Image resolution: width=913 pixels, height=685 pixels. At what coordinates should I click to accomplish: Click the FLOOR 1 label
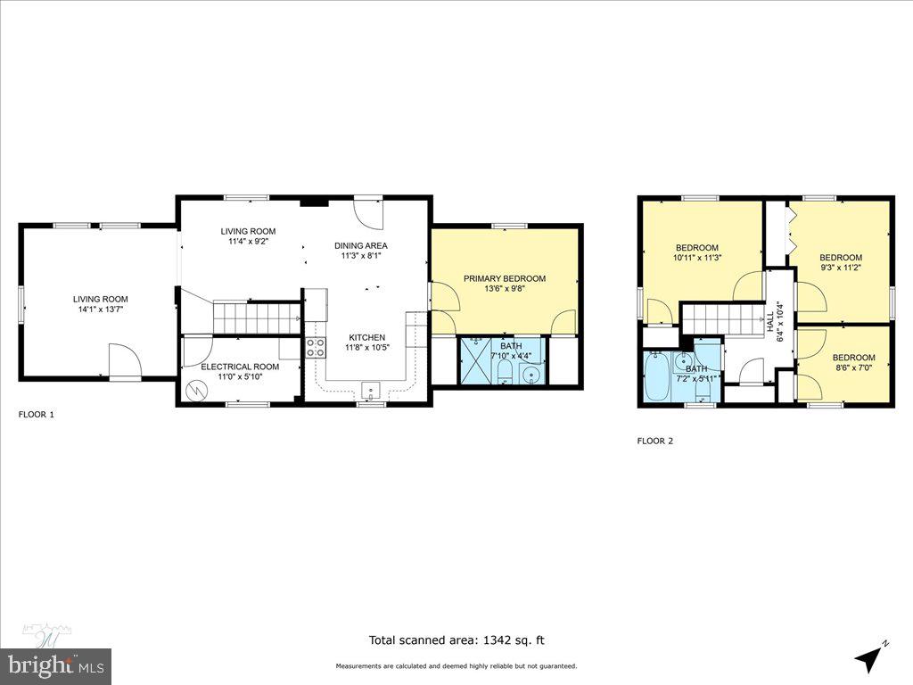tap(37, 415)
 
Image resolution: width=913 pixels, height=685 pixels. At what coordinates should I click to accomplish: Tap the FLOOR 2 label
tap(654, 441)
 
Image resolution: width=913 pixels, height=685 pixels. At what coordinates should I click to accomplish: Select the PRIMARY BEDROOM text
tap(504, 278)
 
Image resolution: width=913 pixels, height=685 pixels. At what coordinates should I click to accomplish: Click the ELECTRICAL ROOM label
tap(240, 367)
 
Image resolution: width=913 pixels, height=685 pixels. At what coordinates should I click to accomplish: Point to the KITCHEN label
tap(366, 337)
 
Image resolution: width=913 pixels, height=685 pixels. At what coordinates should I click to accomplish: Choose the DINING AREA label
tap(361, 245)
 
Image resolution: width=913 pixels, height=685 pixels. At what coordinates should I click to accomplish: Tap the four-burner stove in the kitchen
tap(316, 347)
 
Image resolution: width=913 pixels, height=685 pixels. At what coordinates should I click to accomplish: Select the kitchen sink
tap(370, 389)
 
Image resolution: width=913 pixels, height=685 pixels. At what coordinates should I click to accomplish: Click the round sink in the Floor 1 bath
tap(530, 374)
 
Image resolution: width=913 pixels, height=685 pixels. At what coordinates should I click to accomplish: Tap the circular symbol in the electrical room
tap(195, 390)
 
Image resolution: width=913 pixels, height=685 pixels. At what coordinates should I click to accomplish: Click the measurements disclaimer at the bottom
tap(456, 666)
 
